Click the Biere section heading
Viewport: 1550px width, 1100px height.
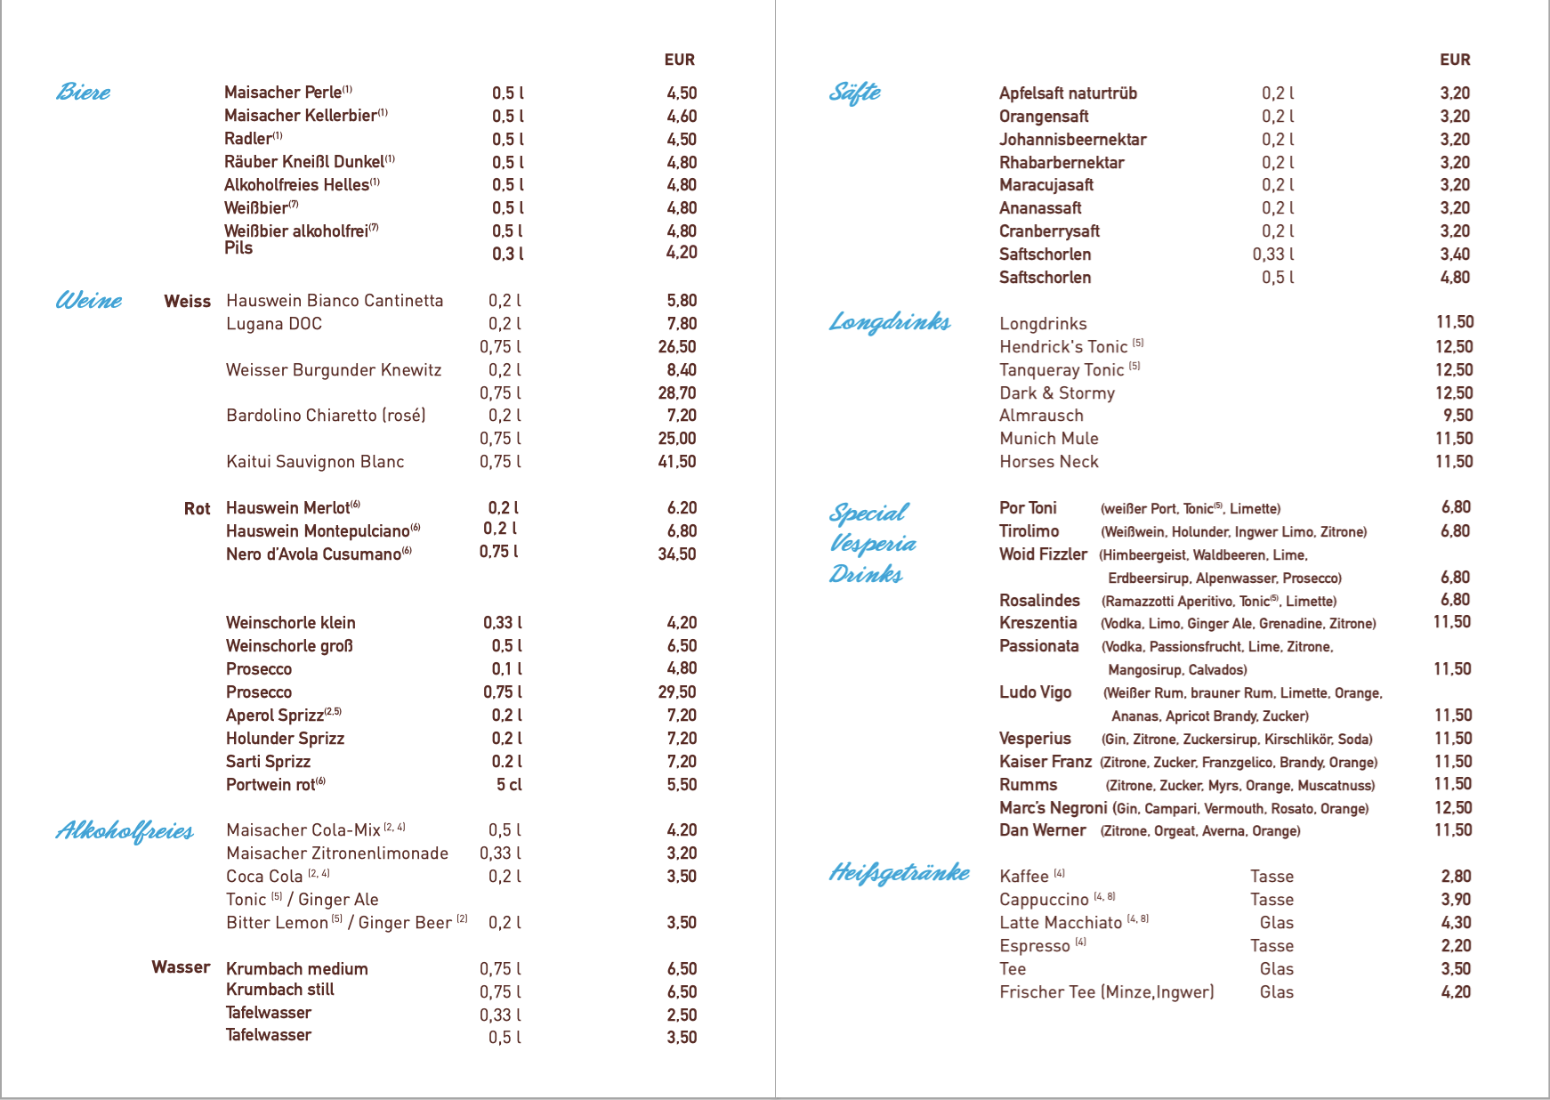pyautogui.click(x=84, y=92)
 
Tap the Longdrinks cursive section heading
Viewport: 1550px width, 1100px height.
pyautogui.click(x=890, y=321)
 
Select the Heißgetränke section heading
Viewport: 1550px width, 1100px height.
pyautogui.click(x=899, y=872)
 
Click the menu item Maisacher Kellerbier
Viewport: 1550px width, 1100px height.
pyautogui.click(x=301, y=116)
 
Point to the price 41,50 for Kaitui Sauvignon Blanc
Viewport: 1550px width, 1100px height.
pyautogui.click(x=677, y=462)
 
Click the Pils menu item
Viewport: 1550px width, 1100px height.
pyautogui.click(x=238, y=248)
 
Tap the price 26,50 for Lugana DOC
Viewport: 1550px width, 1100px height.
pyautogui.click(x=677, y=347)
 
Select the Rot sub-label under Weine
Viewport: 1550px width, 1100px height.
pyautogui.click(x=197, y=508)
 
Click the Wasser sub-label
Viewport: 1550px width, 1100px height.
pyautogui.click(x=181, y=967)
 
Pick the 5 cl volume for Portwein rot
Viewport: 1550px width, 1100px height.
pyautogui.click(x=509, y=785)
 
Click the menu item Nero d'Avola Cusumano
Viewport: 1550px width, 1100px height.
pyautogui.click(x=313, y=554)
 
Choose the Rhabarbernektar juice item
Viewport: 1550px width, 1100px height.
pyautogui.click(x=1062, y=163)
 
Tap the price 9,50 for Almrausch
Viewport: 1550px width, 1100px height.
pyautogui.click(x=1457, y=416)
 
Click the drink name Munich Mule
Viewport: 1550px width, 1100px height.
pyautogui.click(x=1048, y=439)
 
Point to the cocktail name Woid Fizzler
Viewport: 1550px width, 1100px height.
pyautogui.click(x=1043, y=554)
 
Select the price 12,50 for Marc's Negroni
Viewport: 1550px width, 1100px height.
pyautogui.click(x=1453, y=808)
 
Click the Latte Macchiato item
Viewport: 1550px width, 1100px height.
pyautogui.click(x=1061, y=923)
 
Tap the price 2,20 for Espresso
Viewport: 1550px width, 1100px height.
pyautogui.click(x=1456, y=946)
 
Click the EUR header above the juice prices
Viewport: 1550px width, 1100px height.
pyautogui.click(x=1455, y=60)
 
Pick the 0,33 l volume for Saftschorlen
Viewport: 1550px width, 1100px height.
pyautogui.click(x=1272, y=255)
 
